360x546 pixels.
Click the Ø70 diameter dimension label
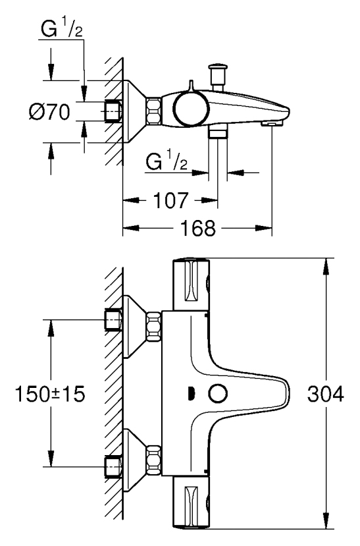[x=49, y=112]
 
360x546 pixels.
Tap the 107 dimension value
[x=170, y=201]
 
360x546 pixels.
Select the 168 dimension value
[x=198, y=229]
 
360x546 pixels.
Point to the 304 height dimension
[x=326, y=395]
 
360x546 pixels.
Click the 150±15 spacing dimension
[x=50, y=395]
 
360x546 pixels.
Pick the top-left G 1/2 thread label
[x=62, y=30]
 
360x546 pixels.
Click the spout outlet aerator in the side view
[x=271, y=124]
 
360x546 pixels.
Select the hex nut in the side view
[x=153, y=111]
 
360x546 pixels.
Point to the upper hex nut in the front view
[x=154, y=327]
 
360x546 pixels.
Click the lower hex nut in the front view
[x=154, y=460]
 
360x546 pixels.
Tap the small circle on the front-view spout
[x=218, y=394]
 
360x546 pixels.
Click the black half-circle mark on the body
[x=191, y=394]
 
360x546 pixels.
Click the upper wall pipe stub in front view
[x=113, y=320]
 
